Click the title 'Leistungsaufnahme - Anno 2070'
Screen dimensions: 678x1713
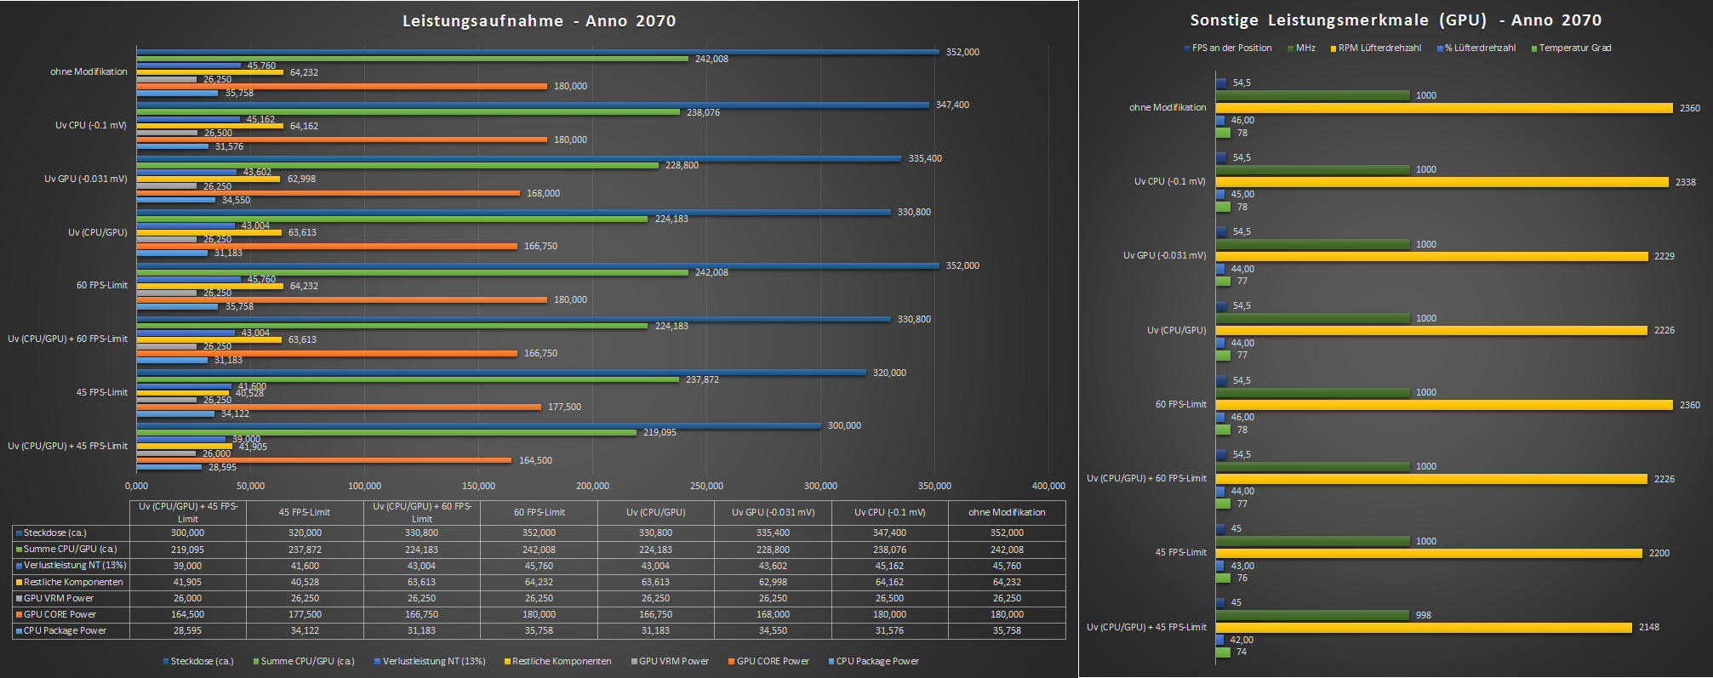[x=539, y=21]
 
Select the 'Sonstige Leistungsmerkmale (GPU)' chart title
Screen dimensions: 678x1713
[x=1395, y=20]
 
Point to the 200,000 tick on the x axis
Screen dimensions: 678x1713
[x=592, y=486]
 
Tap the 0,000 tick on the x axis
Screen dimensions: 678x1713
[x=136, y=486]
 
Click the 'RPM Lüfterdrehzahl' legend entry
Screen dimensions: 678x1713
[x=1379, y=48]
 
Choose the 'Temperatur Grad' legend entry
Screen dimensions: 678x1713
[x=1574, y=48]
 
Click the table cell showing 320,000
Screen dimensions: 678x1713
[x=305, y=533]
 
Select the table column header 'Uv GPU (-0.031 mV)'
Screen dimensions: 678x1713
[x=773, y=512]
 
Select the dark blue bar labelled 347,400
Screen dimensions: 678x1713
[x=533, y=105]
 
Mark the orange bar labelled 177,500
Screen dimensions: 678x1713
[x=339, y=407]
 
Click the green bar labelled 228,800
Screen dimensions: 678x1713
[x=397, y=165]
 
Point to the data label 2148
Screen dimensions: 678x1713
[x=1648, y=627]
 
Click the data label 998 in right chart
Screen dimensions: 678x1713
[x=1423, y=615]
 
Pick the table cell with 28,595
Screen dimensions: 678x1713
[x=187, y=630]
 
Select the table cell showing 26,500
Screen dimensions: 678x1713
[x=889, y=598]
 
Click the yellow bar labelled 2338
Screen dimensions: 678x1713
[x=1442, y=182]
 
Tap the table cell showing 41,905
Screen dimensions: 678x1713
[x=187, y=582]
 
